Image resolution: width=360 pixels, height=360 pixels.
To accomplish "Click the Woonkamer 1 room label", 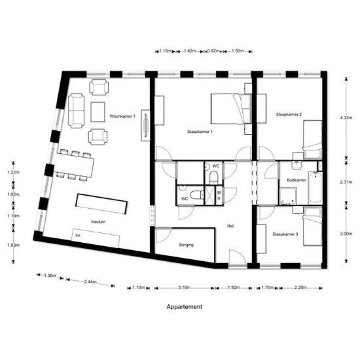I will (x=122, y=116).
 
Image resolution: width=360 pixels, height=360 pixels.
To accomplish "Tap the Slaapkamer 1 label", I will (x=200, y=132).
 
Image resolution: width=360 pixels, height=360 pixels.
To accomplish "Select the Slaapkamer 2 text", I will (x=289, y=115).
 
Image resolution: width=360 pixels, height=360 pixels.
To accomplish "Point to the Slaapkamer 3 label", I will (x=285, y=234).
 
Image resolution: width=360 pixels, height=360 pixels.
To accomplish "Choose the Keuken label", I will (x=99, y=222).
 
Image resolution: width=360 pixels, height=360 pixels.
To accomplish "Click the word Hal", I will (x=230, y=226).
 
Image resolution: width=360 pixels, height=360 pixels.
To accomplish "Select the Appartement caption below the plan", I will (x=184, y=306).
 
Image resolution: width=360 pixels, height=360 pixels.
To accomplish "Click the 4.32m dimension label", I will (x=346, y=118).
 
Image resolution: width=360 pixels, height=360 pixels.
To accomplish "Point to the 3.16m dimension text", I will (x=185, y=287).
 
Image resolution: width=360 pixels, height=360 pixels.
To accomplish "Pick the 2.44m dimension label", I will (x=90, y=282).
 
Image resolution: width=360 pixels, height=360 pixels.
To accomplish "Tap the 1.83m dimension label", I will (x=14, y=245).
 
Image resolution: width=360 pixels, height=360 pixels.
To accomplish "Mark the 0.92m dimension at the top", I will (x=213, y=50).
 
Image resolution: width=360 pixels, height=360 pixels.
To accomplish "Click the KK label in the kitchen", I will (x=78, y=234).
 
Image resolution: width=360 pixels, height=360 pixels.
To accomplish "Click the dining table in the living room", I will (x=75, y=165).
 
